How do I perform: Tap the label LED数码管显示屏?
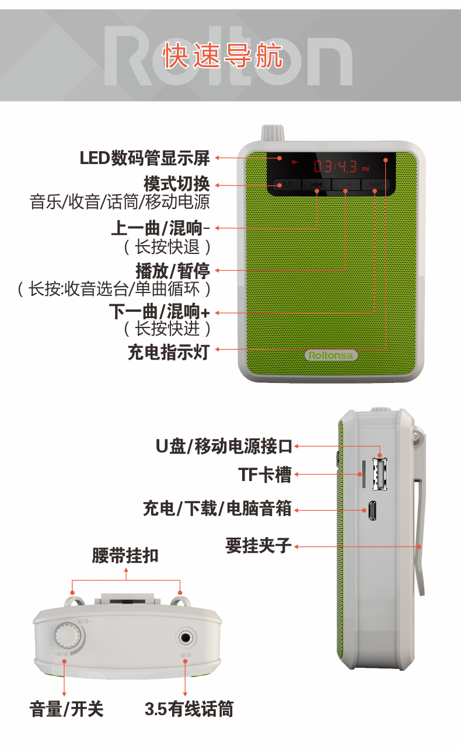(x=144, y=158)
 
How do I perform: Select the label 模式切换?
(x=176, y=184)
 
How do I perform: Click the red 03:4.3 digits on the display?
(x=336, y=167)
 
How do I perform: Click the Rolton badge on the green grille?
(x=331, y=355)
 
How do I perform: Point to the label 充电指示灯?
(x=168, y=351)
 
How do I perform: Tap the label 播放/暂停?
(x=172, y=271)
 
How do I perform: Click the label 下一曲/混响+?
(x=159, y=311)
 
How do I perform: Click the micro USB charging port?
(x=372, y=511)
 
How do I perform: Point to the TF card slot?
(x=364, y=474)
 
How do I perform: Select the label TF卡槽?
(x=264, y=475)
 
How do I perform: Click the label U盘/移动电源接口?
(x=223, y=447)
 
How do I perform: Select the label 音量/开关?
(x=66, y=709)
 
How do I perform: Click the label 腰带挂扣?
(x=125, y=555)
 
